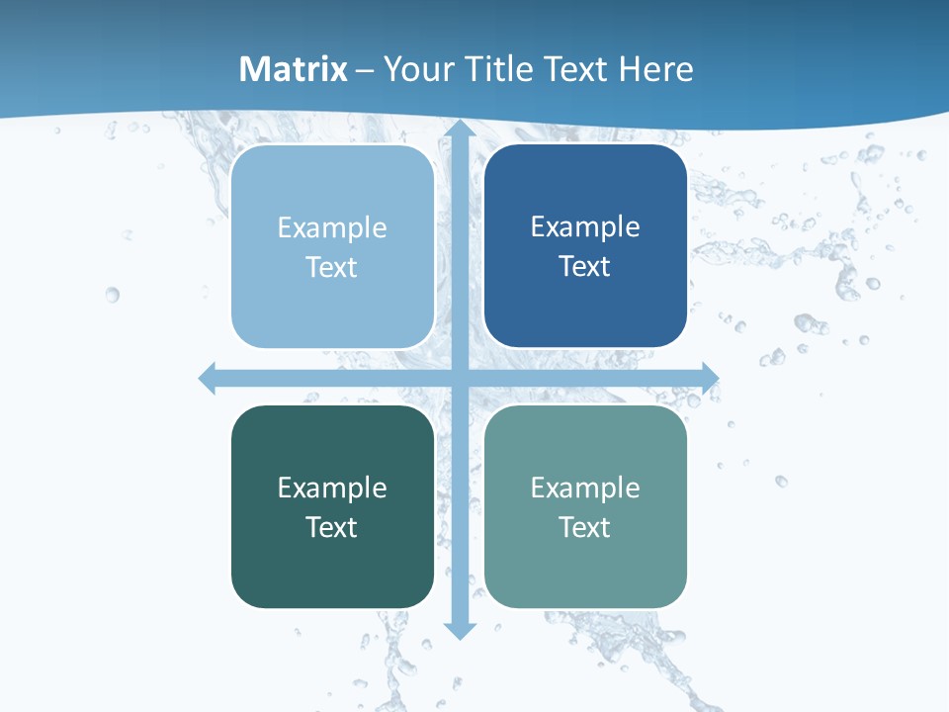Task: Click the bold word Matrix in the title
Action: (294, 69)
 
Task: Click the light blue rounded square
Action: (332, 246)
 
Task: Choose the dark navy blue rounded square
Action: (585, 246)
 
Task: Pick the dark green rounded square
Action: (332, 506)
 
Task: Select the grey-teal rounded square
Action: (585, 506)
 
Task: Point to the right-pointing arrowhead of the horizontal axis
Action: (709, 378)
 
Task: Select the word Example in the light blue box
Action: (332, 227)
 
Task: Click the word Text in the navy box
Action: (585, 266)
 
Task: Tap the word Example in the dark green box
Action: (332, 488)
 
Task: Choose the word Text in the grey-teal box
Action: (585, 527)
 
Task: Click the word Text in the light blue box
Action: (332, 267)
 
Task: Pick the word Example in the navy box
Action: (585, 226)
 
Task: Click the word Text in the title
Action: (574, 69)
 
